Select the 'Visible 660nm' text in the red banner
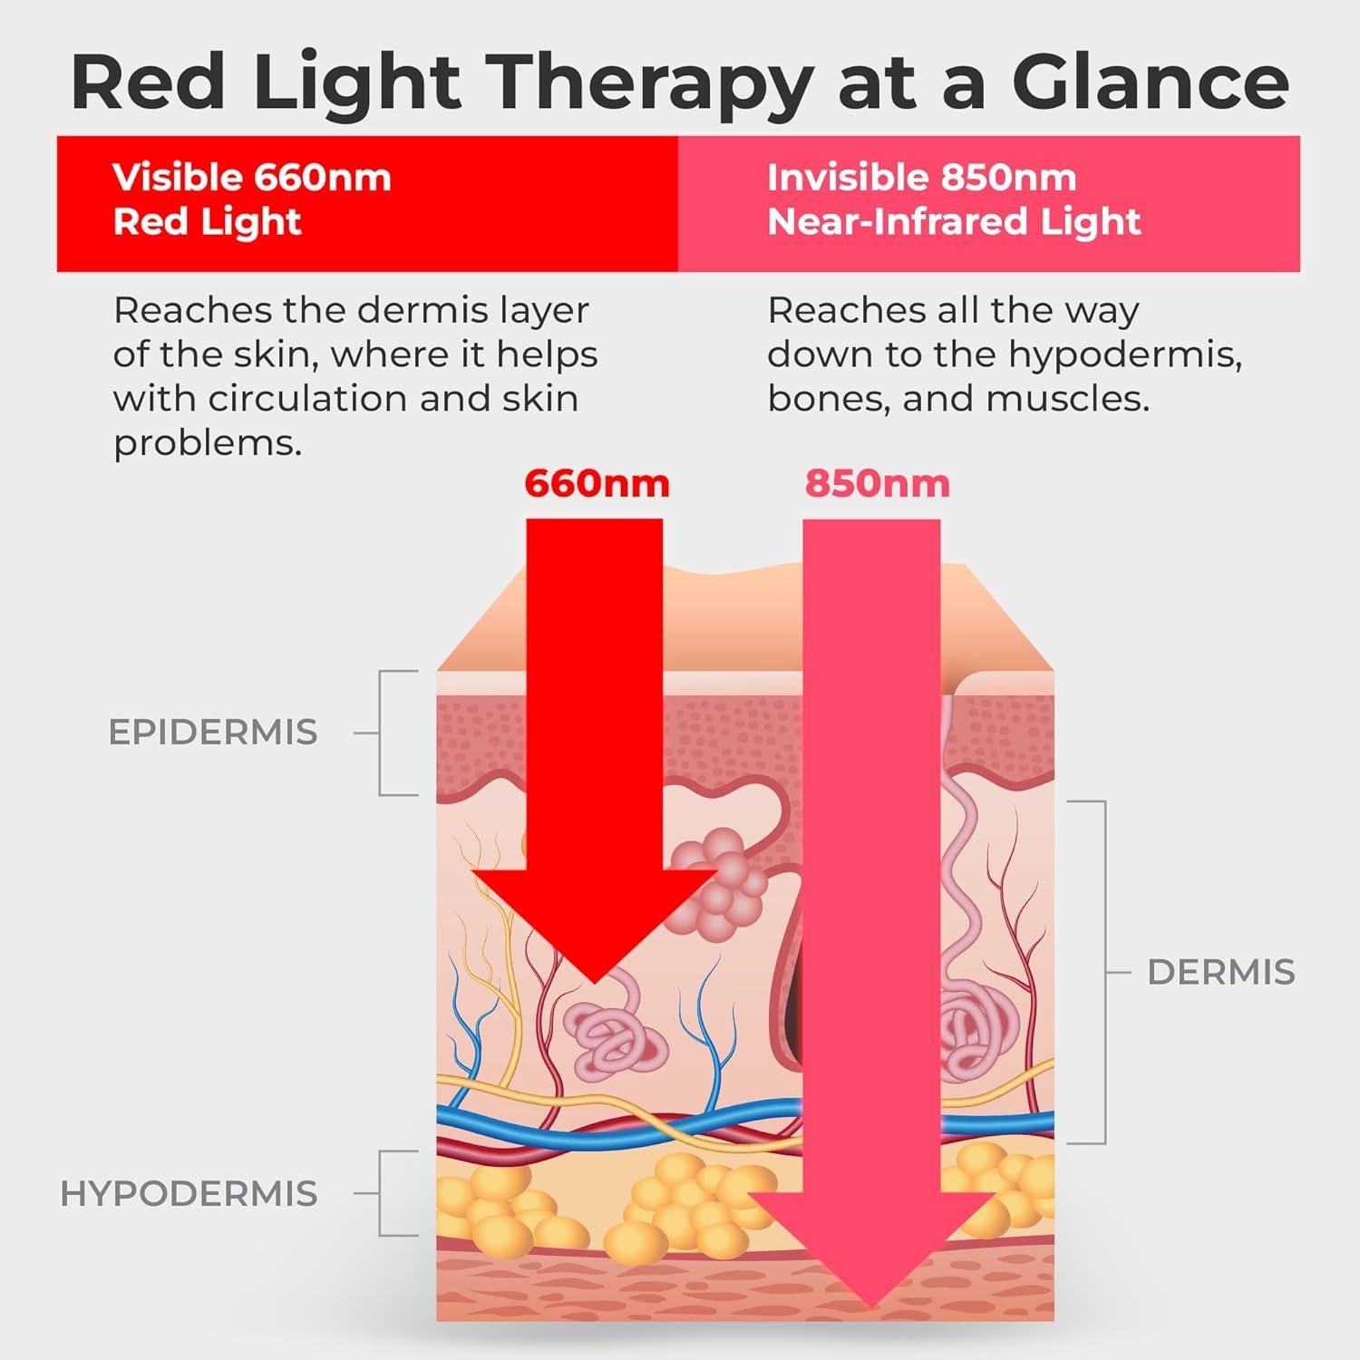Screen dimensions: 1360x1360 point(251,178)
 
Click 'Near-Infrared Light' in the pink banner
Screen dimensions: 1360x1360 point(954,222)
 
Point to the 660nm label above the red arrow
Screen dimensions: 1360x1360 point(597,483)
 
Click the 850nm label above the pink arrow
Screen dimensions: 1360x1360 point(877,483)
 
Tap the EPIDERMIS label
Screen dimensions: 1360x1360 point(213,732)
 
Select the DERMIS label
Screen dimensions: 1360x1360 point(1220,972)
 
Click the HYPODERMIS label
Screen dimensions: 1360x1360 point(189,1194)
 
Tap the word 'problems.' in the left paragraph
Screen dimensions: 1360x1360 point(208,443)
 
